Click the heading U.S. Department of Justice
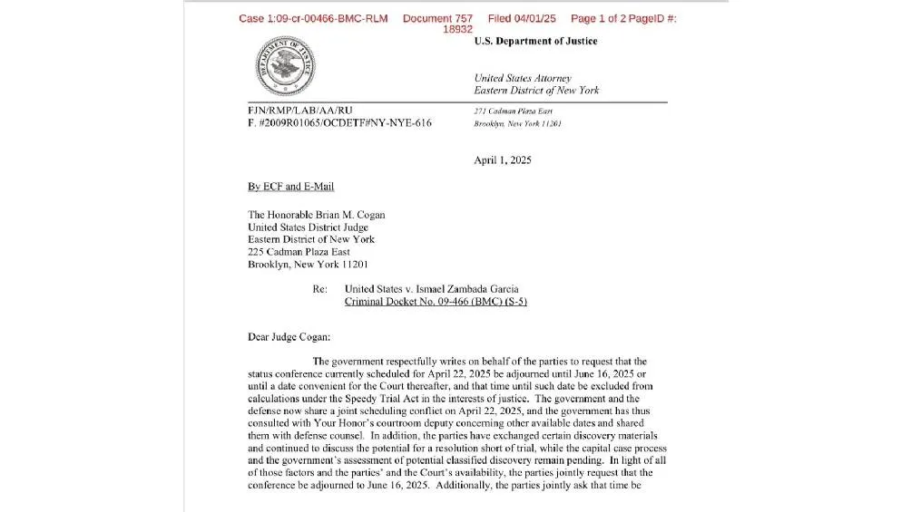click(x=535, y=42)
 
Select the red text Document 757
click(x=437, y=19)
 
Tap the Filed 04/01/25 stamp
click(x=522, y=19)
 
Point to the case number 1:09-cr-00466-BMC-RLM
click(x=313, y=19)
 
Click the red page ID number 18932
click(x=457, y=29)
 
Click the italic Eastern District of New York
click(x=536, y=91)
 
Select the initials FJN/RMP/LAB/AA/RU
click(x=299, y=111)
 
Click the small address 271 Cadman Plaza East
click(x=514, y=111)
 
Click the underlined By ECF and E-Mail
click(x=290, y=187)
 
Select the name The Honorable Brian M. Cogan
click(x=316, y=216)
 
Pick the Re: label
click(x=319, y=289)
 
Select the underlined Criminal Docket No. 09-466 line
click(x=436, y=302)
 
